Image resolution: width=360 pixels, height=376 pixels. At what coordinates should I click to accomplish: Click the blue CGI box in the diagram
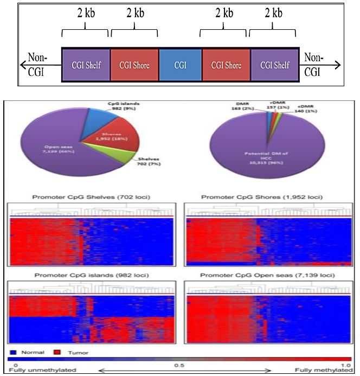tap(180, 66)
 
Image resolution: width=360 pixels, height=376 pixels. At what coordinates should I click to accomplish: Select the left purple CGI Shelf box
tap(86, 66)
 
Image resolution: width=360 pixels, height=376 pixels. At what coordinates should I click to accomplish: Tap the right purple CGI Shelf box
tap(274, 66)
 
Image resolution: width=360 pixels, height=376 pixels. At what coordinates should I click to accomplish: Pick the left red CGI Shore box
tap(134, 66)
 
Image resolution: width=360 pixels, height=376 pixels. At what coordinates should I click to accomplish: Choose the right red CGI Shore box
tap(226, 66)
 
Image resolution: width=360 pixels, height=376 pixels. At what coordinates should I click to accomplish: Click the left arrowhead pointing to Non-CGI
tap(21, 66)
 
